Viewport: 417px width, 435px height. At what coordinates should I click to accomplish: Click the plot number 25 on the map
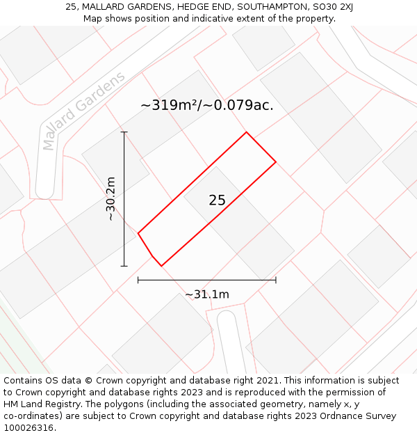[217, 200]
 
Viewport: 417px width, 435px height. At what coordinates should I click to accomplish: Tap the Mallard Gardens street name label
[83, 111]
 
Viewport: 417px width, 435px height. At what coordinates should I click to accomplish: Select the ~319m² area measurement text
[170, 105]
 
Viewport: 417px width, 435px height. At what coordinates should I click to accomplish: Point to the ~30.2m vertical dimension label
[111, 199]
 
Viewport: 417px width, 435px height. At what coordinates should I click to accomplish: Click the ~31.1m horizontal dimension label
[206, 294]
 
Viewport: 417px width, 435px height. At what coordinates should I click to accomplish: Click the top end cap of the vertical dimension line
[124, 132]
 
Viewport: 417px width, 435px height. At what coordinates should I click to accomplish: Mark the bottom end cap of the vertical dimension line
[124, 266]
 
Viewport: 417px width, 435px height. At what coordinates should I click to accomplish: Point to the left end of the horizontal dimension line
[138, 280]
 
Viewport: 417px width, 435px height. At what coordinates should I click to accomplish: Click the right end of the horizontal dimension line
[276, 280]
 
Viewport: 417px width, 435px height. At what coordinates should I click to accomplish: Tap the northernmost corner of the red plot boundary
[246, 132]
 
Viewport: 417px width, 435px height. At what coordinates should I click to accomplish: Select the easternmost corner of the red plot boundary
[276, 161]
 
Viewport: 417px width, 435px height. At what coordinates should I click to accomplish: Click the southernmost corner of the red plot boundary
[161, 266]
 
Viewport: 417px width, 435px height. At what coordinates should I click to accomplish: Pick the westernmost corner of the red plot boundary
[138, 233]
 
